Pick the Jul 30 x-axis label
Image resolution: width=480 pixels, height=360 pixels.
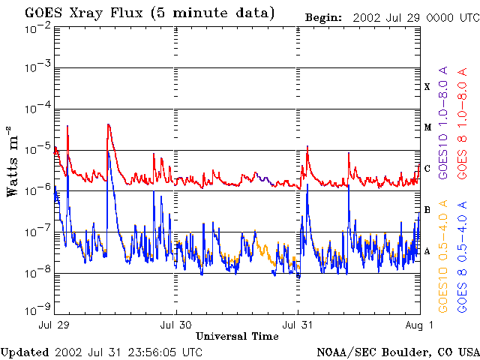tap(176, 325)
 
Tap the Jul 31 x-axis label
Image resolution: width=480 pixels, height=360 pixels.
tap(298, 325)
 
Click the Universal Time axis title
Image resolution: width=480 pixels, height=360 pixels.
tap(237, 336)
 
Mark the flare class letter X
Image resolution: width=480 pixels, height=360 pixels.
tap(427, 87)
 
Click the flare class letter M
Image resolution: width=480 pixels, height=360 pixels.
tap(427, 127)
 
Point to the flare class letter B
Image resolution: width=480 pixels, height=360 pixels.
tap(427, 210)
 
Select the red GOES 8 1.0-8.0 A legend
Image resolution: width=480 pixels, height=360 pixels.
tap(464, 119)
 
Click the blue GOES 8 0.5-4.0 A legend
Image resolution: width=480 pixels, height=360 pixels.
tap(464, 256)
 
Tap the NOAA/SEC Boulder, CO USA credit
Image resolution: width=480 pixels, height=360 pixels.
tap(397, 352)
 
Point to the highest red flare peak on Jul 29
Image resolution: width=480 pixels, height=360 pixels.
tap(109, 124)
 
